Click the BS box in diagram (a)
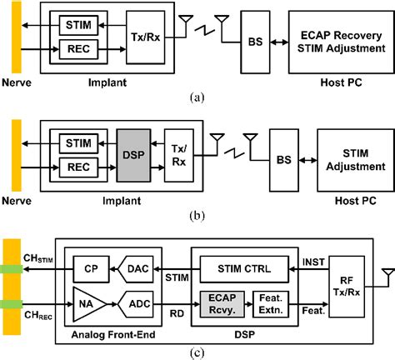(x=255, y=38)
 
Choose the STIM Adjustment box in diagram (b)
(x=342, y=152)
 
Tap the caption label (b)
(x=197, y=212)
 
